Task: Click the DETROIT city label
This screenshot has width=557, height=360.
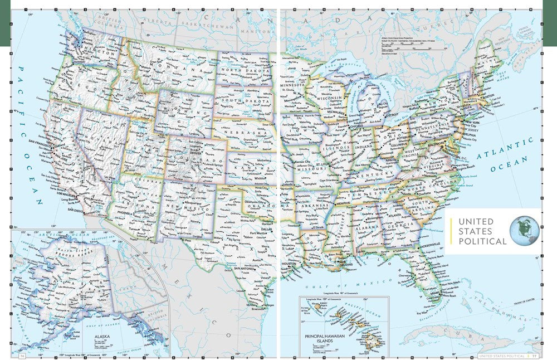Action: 392,114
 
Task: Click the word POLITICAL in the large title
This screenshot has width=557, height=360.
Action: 482,241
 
